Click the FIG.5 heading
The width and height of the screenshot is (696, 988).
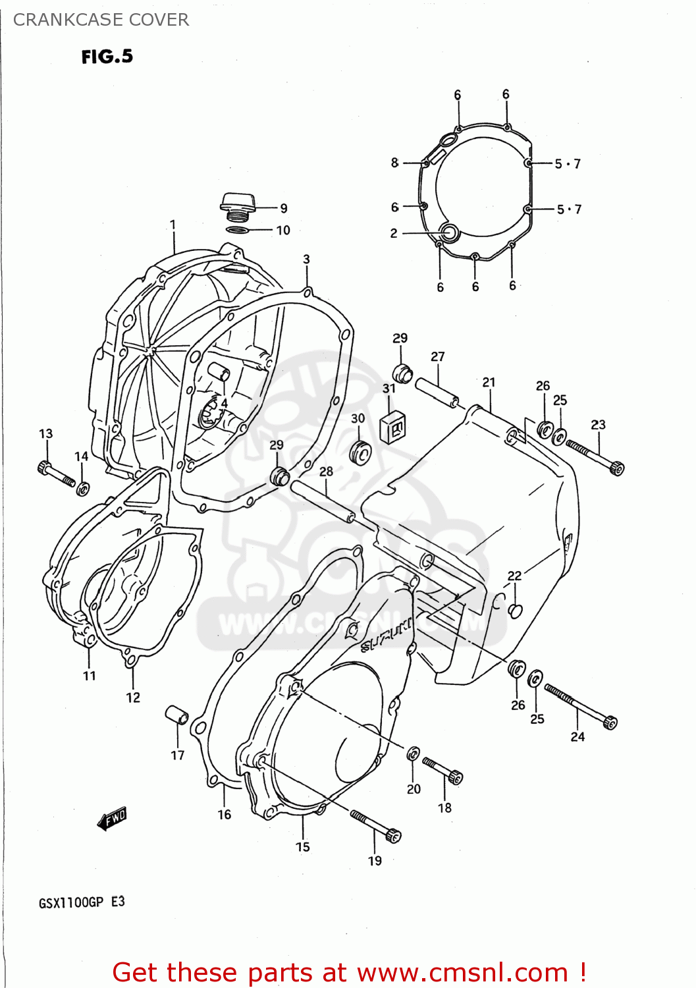[107, 57]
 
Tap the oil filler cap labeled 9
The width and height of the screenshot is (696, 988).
[237, 203]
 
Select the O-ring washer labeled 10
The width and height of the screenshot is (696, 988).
[237, 230]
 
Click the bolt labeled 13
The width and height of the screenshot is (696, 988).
[56, 475]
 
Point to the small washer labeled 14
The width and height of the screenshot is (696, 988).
[83, 489]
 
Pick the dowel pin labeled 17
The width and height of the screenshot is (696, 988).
[176, 715]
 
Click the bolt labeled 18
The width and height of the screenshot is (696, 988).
[442, 769]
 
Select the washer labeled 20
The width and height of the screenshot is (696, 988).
[414, 753]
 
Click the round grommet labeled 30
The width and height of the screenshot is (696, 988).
[360, 453]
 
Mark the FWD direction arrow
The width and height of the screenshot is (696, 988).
[112, 818]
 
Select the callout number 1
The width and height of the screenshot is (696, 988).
[173, 225]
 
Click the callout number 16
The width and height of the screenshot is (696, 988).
[225, 814]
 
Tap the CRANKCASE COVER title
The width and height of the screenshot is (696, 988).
[101, 20]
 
